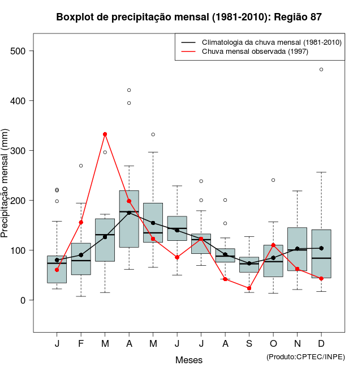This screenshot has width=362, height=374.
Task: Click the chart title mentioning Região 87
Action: pos(189,17)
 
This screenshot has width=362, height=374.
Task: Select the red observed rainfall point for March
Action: pos(105,134)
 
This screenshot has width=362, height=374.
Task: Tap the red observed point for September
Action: pos(249,288)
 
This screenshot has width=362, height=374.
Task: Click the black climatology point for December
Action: pos(321,248)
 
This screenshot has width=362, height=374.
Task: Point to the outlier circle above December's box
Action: pos(321,70)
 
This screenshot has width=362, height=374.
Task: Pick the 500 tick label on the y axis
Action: pos(19,51)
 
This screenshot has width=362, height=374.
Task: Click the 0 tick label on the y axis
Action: pos(23,300)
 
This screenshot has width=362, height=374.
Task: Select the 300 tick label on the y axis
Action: pos(19,151)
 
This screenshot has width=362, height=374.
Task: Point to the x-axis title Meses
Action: pos(189,360)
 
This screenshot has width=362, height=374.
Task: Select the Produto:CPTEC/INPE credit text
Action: pos(305,356)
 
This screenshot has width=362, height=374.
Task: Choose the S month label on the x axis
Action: pos(249,344)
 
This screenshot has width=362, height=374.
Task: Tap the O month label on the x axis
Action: pos(273,344)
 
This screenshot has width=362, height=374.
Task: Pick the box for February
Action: pos(81,259)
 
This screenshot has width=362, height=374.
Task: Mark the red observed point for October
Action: pos(273,245)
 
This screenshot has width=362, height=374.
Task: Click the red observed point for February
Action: pos(81,222)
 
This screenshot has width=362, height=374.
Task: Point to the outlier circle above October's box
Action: pos(273,180)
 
